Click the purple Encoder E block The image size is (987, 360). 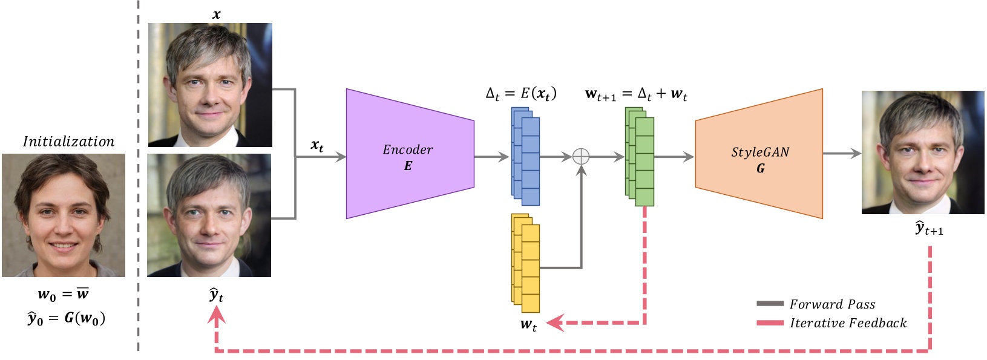click(409, 154)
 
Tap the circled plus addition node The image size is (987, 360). click(581, 156)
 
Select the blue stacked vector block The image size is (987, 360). click(525, 156)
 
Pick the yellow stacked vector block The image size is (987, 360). click(525, 263)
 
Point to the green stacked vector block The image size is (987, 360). click(640, 156)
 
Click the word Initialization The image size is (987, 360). click(68, 142)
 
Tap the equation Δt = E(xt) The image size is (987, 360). click(521, 94)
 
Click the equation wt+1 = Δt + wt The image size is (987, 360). click(636, 94)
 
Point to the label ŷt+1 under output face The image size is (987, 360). click(928, 229)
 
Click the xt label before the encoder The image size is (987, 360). click(317, 145)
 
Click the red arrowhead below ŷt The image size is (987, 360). click(217, 315)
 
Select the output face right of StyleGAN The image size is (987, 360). click(922, 152)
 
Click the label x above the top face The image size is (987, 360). click(216, 14)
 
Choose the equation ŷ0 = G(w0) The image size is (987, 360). click(66, 318)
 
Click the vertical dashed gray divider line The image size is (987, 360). click(138, 182)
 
